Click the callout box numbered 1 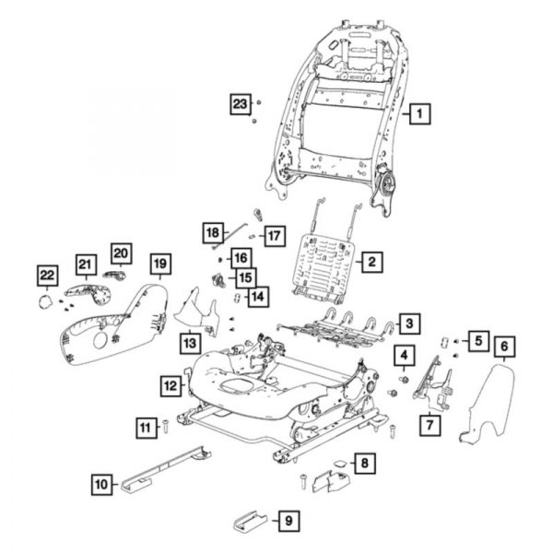point(418,115)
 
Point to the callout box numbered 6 point(504,347)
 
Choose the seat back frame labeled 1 point(341,111)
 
